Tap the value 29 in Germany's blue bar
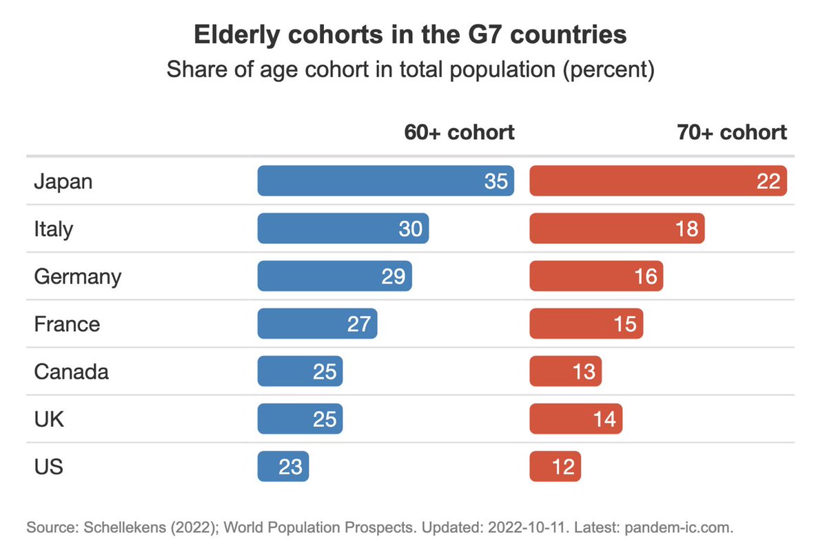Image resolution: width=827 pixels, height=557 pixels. coord(393,276)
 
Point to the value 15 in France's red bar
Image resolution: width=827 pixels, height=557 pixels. coord(624,324)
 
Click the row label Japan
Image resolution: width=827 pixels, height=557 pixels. coord(63,182)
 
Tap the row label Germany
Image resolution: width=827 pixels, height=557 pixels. coord(77,277)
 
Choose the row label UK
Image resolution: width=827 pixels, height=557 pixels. coord(49,419)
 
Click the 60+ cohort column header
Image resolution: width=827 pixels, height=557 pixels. coord(459,132)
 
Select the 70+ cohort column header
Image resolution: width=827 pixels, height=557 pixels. coord(731,132)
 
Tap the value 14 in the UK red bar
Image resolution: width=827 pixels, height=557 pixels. coord(604,419)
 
